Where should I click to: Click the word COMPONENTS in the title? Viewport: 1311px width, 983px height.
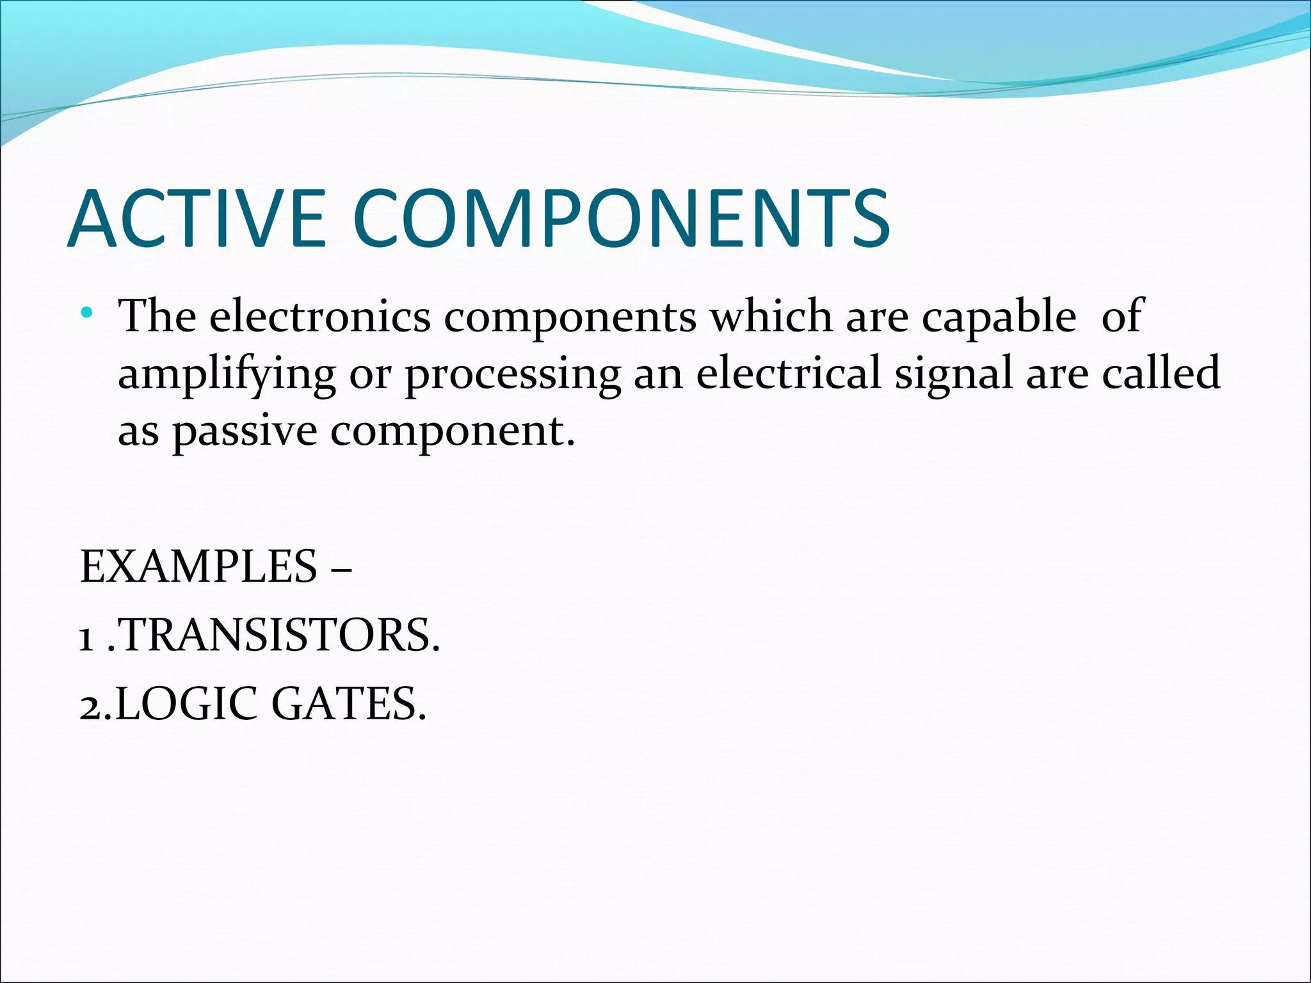(x=621, y=218)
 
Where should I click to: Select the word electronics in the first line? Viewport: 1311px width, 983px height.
(x=320, y=316)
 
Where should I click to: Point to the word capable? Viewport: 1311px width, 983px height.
(x=999, y=317)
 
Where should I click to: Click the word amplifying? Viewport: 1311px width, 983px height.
(x=227, y=375)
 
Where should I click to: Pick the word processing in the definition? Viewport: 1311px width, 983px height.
(x=512, y=375)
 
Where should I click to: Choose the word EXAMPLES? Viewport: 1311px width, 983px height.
(x=198, y=567)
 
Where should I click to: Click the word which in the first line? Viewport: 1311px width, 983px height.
(x=771, y=316)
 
